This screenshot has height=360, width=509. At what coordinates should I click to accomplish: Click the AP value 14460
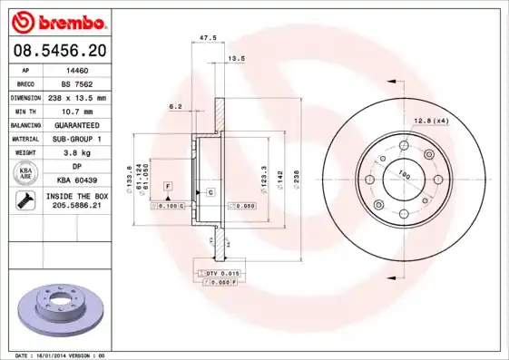pyautogui.click(x=77, y=69)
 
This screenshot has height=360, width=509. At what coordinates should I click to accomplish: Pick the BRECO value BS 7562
pyautogui.click(x=77, y=83)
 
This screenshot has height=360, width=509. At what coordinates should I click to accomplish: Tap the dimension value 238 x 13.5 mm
pyautogui.click(x=77, y=97)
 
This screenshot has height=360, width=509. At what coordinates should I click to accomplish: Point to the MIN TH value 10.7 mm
pyautogui.click(x=77, y=111)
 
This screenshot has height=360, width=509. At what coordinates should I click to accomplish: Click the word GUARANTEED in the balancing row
pyautogui.click(x=77, y=124)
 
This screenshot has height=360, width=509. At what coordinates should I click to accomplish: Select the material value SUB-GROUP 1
pyautogui.click(x=77, y=139)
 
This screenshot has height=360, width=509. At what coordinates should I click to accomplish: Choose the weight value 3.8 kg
pyautogui.click(x=77, y=152)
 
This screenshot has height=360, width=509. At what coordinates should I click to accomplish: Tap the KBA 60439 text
pyautogui.click(x=77, y=180)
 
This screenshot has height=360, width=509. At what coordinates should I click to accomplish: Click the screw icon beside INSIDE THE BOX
pyautogui.click(x=24, y=200)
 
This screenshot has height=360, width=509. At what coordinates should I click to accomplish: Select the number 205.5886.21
pyautogui.click(x=77, y=207)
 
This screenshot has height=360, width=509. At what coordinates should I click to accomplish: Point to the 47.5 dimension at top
pyautogui.click(x=207, y=38)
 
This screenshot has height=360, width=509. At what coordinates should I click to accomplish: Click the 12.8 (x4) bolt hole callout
pyautogui.click(x=432, y=121)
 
